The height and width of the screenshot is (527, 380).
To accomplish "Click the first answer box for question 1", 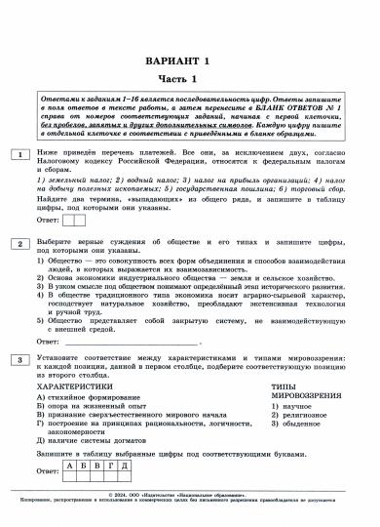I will (x=68, y=221).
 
